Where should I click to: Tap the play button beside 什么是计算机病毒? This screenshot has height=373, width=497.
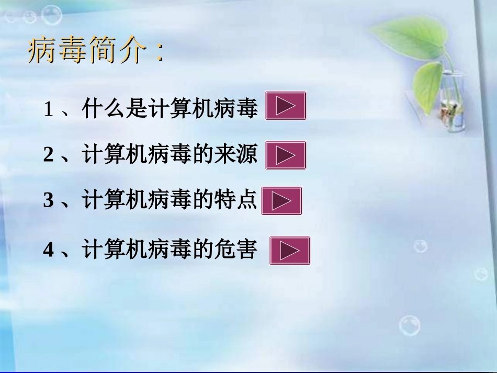[286, 106]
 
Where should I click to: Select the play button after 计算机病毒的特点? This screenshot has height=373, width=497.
[281, 200]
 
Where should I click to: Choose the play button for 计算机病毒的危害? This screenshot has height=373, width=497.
[290, 251]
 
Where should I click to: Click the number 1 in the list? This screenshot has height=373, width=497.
[49, 110]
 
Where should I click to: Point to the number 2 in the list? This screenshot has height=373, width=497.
[49, 155]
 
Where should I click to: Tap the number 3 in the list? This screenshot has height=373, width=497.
[49, 201]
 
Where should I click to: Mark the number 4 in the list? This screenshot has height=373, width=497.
[49, 250]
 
